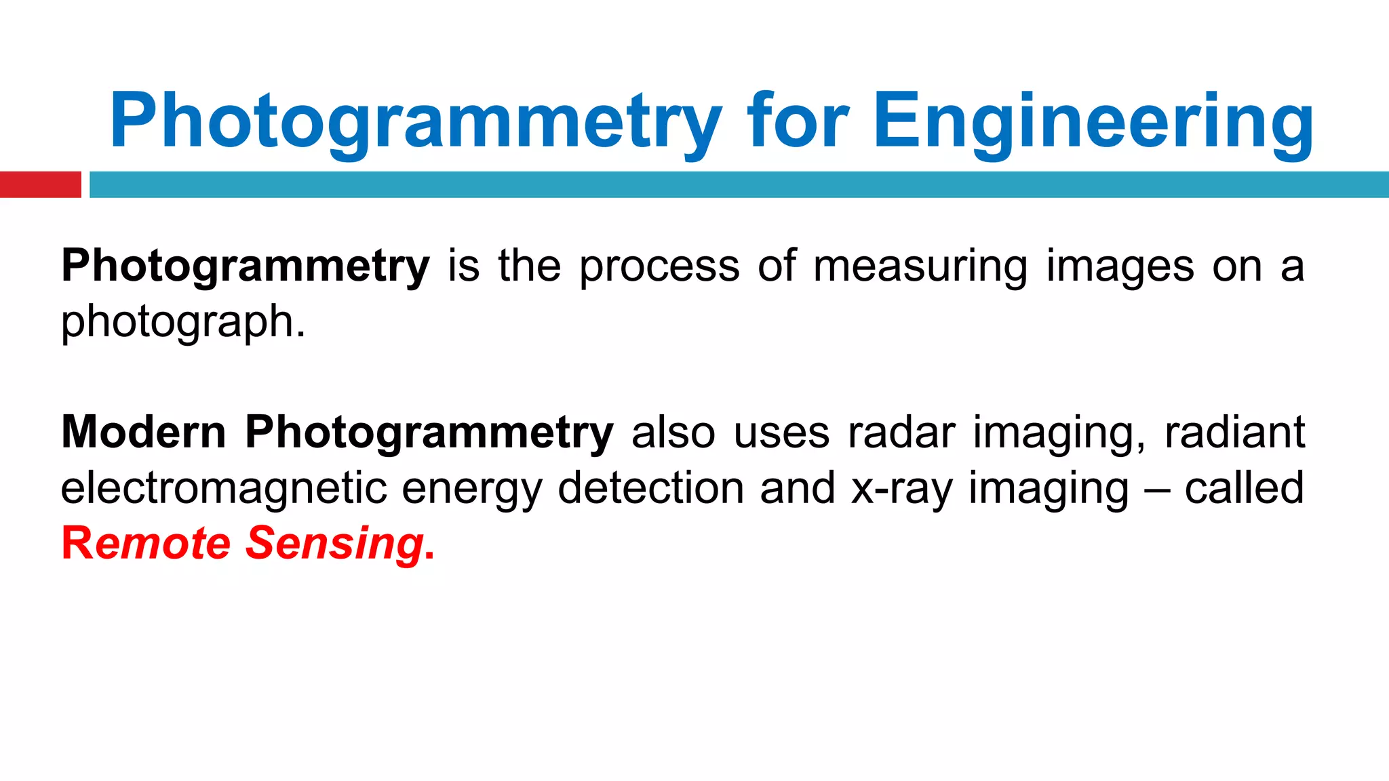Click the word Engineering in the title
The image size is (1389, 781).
[x=1093, y=122]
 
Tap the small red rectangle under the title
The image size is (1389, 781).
[x=40, y=184]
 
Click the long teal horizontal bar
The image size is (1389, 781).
[x=739, y=184]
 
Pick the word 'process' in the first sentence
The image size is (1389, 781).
[x=659, y=266]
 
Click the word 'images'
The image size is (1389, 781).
[x=1120, y=266]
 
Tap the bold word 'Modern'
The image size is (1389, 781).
[x=143, y=433]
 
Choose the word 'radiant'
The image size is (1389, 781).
[x=1234, y=433]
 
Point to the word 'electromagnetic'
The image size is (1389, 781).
[x=224, y=488]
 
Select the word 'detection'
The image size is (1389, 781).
[x=650, y=488]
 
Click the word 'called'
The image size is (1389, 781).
[x=1244, y=488]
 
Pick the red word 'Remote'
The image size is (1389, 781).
[x=146, y=544]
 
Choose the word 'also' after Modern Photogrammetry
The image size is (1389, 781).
[x=673, y=433]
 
